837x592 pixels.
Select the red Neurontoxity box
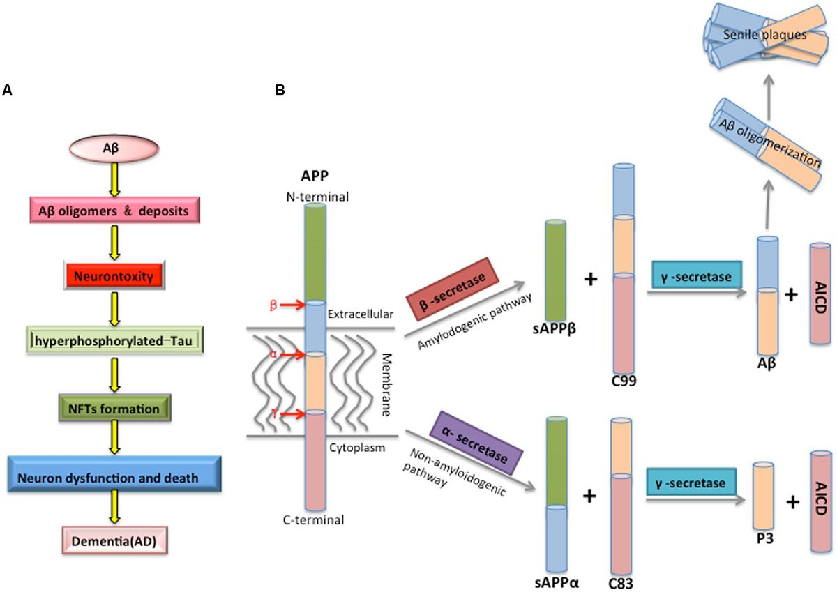point(114,277)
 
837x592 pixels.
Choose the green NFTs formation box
point(114,409)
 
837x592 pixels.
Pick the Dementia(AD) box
point(114,540)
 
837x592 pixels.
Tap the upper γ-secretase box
point(695,277)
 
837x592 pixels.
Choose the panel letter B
point(280,90)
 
